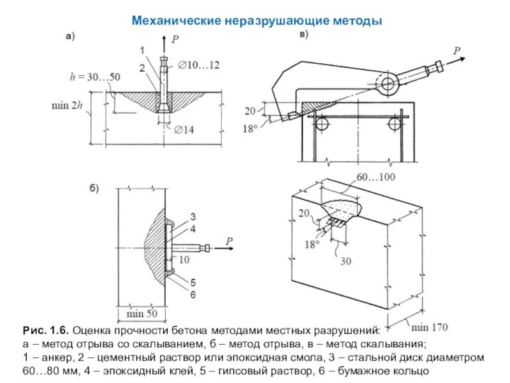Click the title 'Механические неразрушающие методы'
(256, 21)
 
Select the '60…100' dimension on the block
(375, 177)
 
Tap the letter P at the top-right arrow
(456, 50)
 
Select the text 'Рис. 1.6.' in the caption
(45, 331)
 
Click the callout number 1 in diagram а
(142, 50)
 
